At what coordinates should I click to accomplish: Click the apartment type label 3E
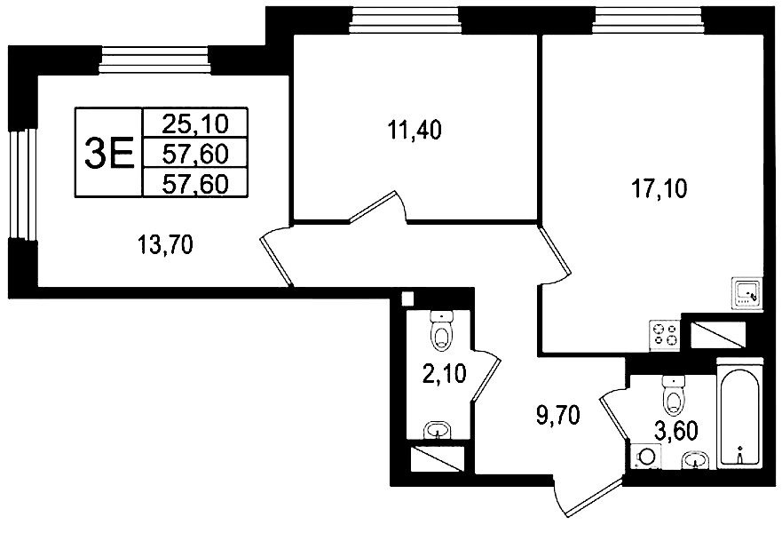tap(109, 153)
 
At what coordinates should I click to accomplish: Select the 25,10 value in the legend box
tap(195, 123)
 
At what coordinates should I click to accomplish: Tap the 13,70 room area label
tap(166, 245)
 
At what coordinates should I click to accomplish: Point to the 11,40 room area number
tap(414, 131)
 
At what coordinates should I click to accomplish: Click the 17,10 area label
tap(659, 189)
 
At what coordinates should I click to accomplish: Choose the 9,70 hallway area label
tap(557, 415)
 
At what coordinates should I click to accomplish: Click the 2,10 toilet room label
tap(444, 374)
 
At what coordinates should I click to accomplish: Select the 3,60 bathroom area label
tap(675, 432)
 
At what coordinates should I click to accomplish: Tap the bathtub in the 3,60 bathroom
tap(739, 413)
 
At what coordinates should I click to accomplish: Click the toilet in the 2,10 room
tap(441, 330)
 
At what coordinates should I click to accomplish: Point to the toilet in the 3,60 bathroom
tap(674, 394)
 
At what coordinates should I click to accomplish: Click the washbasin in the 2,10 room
tap(438, 430)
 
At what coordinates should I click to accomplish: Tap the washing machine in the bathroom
tap(646, 457)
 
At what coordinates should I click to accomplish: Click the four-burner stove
tap(666, 335)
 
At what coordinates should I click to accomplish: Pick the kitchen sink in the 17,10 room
tap(746, 293)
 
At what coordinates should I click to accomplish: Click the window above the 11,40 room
tap(406, 21)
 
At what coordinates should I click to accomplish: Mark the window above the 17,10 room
tap(650, 21)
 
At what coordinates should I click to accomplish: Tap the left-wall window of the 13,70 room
tap(23, 184)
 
